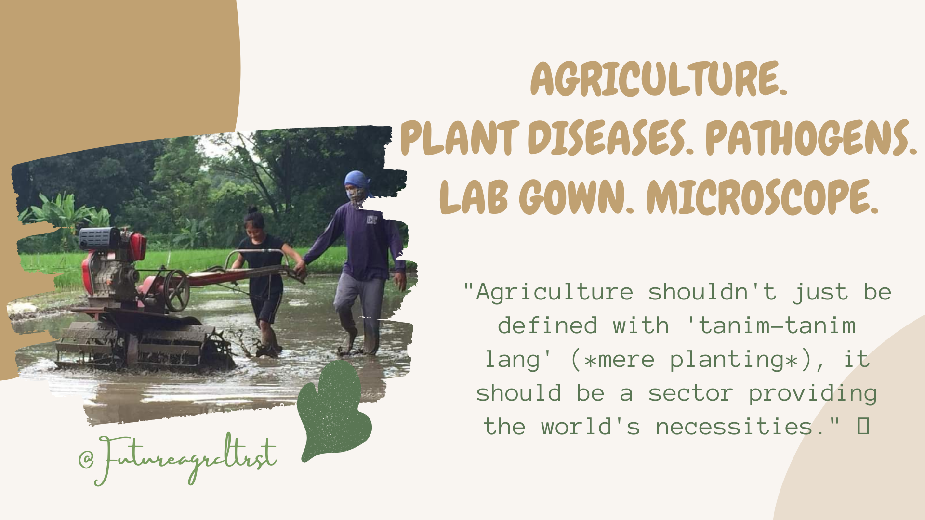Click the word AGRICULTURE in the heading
(x=659, y=79)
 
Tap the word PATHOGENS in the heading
(x=811, y=138)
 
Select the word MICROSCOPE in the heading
(x=762, y=197)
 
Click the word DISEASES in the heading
(x=611, y=138)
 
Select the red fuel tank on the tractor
(x=137, y=246)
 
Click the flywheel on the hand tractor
(x=177, y=290)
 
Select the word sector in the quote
(x=690, y=393)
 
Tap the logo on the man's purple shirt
(x=371, y=220)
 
